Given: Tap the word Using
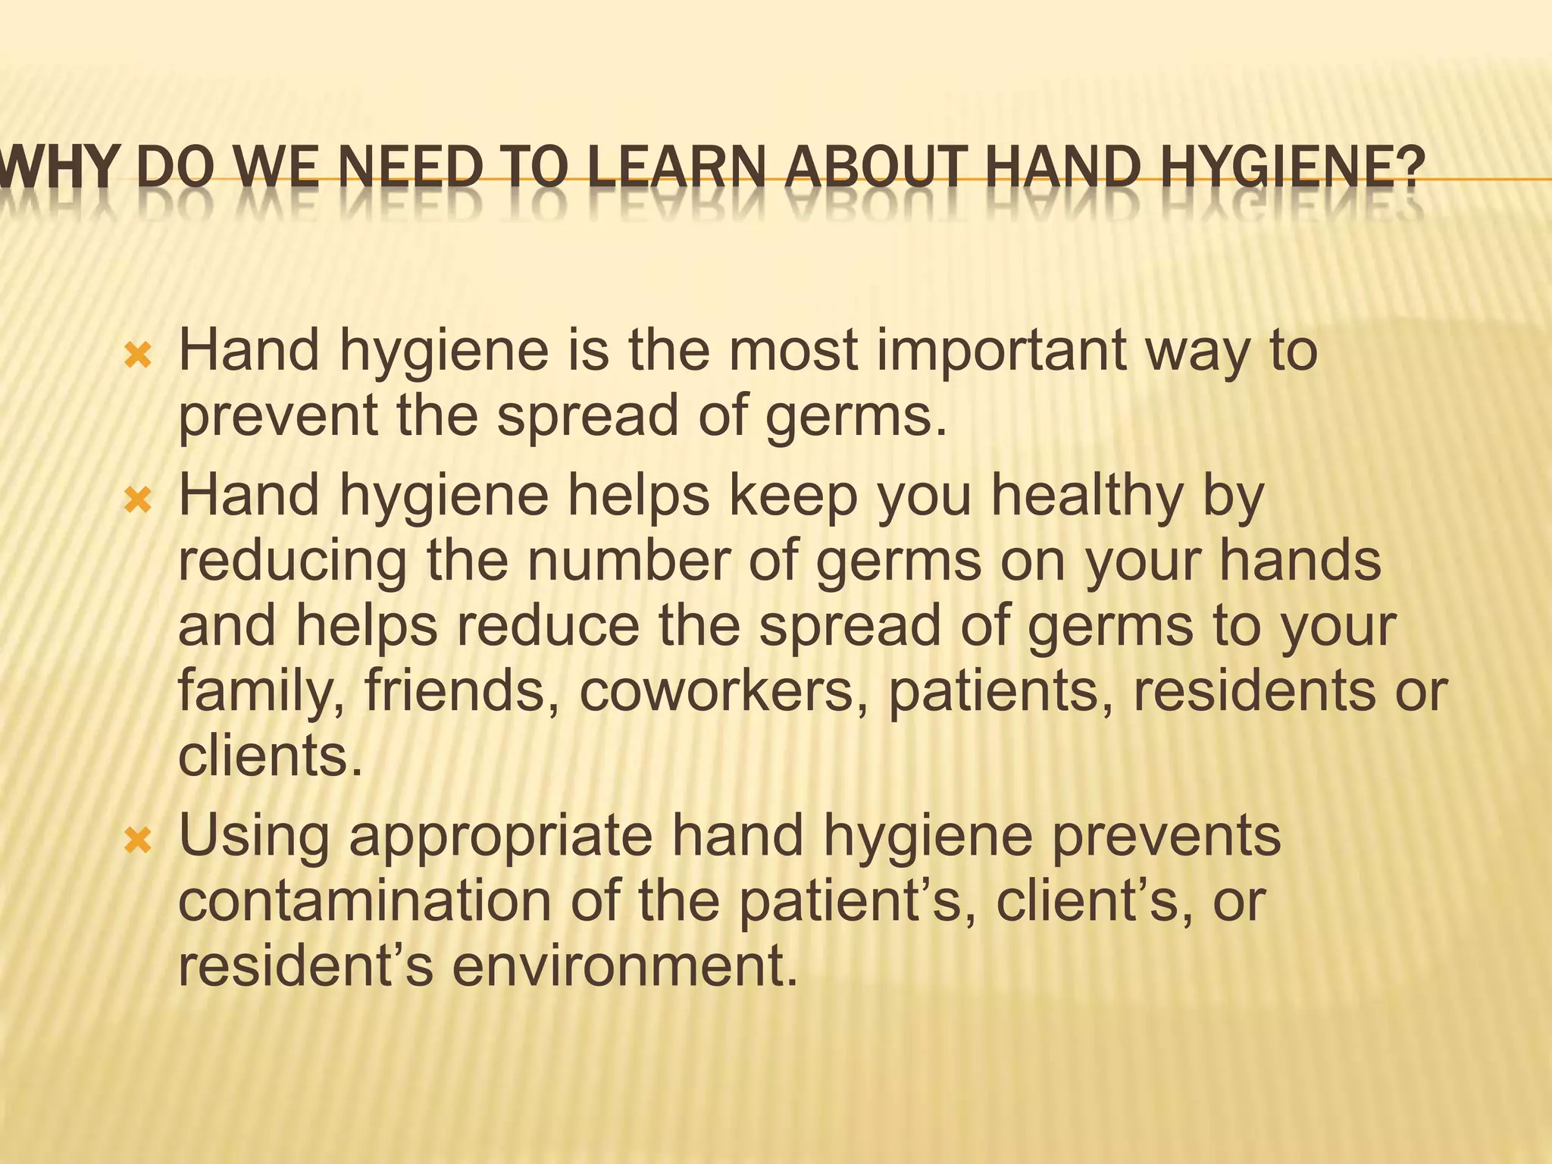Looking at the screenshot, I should [x=254, y=837].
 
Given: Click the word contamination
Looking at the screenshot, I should [x=365, y=902].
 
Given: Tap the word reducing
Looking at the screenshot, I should [x=293, y=563].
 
